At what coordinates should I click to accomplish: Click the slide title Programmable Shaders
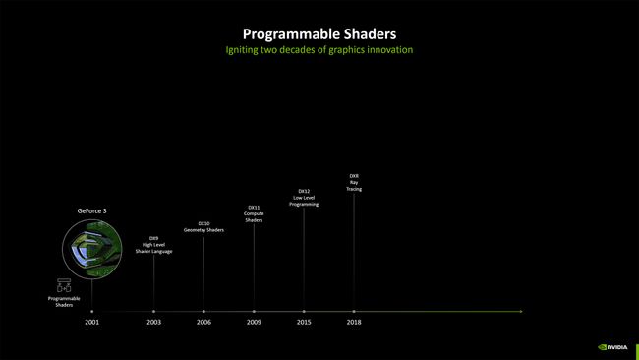(319, 34)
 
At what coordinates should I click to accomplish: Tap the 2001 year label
(92, 322)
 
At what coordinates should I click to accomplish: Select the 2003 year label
(153, 322)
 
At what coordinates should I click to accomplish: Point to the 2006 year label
(203, 322)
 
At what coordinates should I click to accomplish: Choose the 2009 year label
(254, 322)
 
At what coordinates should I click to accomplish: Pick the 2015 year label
(304, 322)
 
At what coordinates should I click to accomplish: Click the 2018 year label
(354, 322)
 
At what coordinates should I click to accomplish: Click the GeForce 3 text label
(92, 210)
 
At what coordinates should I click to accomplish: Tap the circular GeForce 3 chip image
(92, 247)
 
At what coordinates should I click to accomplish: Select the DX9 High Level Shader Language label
(153, 244)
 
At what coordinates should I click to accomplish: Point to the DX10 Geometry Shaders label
(203, 226)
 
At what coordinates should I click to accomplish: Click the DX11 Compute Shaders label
(254, 213)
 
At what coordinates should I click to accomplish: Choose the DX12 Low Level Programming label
(304, 197)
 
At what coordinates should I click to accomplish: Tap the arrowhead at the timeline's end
(520, 311)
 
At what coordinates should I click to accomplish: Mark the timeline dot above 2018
(354, 311)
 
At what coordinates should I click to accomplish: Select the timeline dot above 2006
(203, 311)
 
